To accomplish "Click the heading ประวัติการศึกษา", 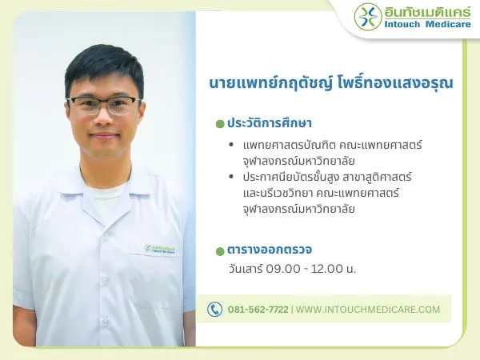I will point(269,124).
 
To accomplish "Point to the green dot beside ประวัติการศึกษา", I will point(220,125).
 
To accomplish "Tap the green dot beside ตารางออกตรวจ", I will point(220,250).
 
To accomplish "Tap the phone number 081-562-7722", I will point(258,309).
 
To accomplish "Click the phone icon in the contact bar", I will point(214,309).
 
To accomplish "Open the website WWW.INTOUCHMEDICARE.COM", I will point(368,309).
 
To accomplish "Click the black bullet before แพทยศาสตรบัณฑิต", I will point(231,146).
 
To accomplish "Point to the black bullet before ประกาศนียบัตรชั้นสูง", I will point(231,177).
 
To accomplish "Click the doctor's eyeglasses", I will point(104,105).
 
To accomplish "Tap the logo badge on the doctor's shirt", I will point(160,249).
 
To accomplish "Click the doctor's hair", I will point(104,64).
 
